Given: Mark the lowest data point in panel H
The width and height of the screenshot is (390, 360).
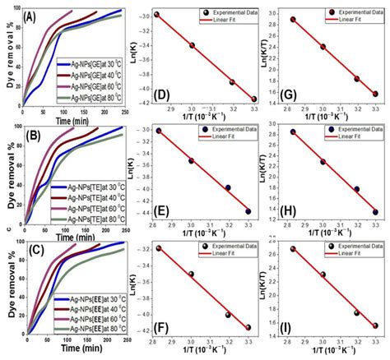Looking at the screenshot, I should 376,212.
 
